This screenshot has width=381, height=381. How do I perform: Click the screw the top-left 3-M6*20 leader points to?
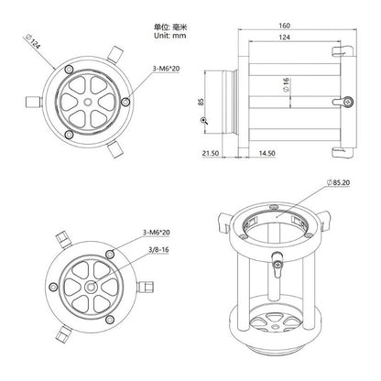(x=111, y=88)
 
